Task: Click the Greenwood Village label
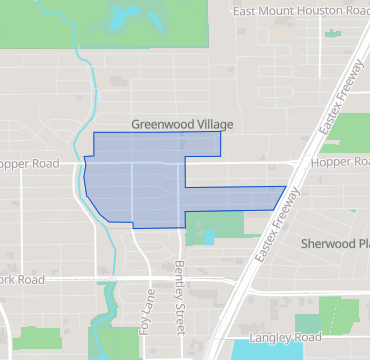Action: point(181,125)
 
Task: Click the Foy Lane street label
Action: point(146,310)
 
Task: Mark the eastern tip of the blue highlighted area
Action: point(286,187)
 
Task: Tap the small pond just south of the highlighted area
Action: point(207,238)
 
